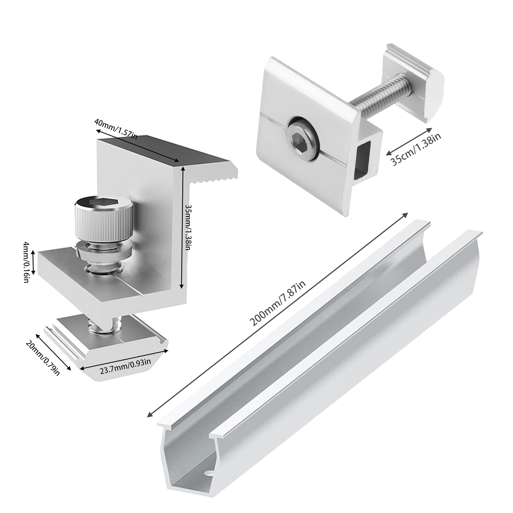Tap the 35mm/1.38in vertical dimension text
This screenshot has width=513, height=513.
pyautogui.click(x=189, y=228)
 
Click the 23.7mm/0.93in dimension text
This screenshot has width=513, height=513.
pyautogui.click(x=125, y=366)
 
